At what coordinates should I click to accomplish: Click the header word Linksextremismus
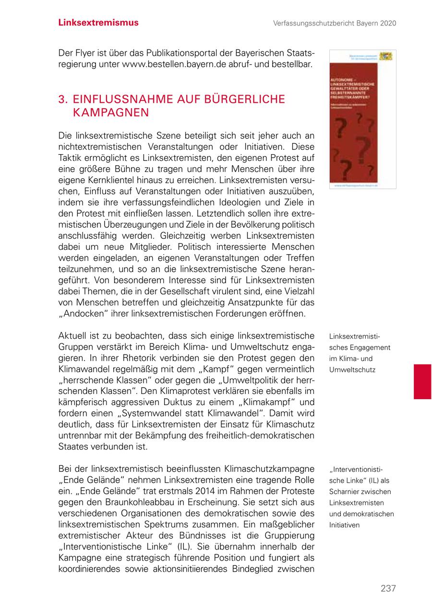point(98,23)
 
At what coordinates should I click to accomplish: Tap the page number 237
point(388,588)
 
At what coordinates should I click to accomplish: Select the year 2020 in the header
point(387,23)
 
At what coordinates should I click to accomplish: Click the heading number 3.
point(62,99)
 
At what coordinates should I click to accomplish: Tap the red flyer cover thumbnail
point(362,119)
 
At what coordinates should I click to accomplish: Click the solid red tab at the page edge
point(422,381)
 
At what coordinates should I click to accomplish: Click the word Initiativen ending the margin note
point(344,525)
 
